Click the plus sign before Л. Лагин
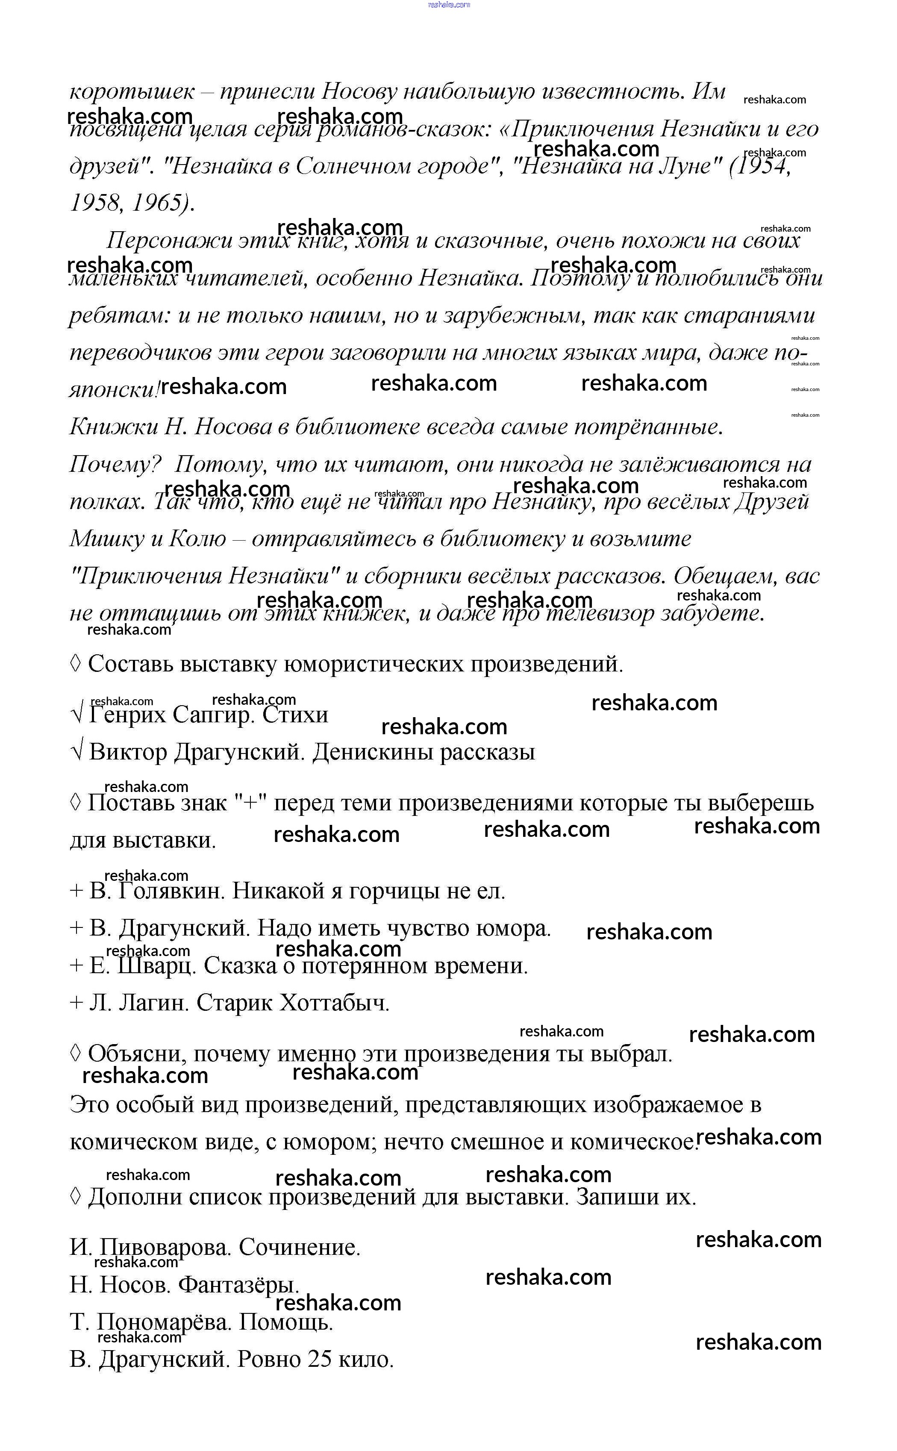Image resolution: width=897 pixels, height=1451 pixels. pos(76,1003)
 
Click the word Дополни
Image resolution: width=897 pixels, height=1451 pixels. pos(134,1197)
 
